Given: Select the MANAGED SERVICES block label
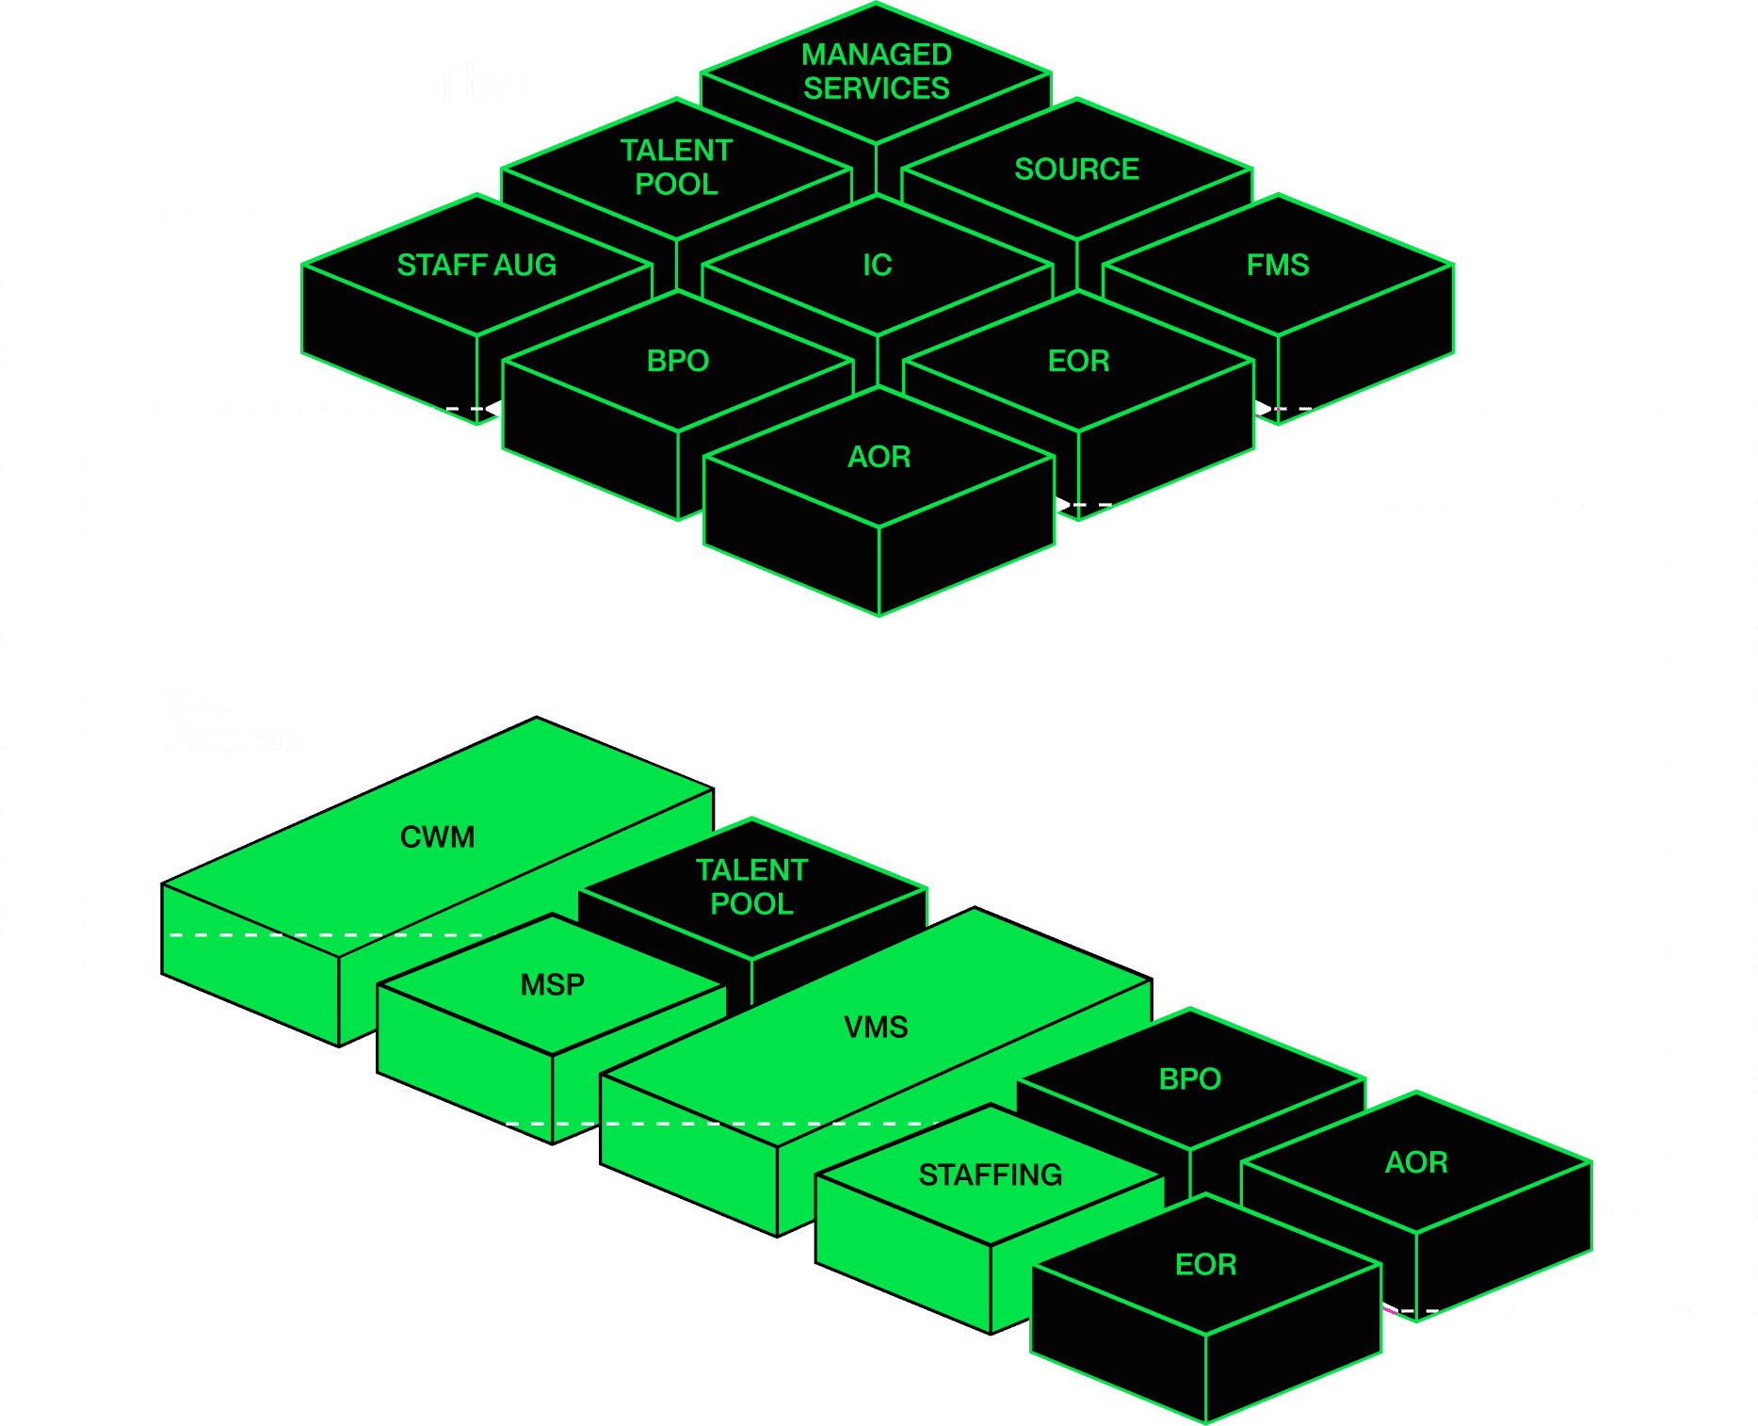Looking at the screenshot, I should (876, 72).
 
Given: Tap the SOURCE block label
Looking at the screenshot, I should (1076, 169).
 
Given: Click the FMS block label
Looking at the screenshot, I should (1277, 265).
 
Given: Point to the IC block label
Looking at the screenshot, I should (877, 265).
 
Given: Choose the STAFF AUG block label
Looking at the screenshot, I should (476, 265).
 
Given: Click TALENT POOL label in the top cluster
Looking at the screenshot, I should (676, 167).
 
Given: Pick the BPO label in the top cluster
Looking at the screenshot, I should (677, 361).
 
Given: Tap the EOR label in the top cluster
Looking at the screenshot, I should (1078, 361).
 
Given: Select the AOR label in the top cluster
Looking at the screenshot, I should (879, 457).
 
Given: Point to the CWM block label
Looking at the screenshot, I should (437, 836).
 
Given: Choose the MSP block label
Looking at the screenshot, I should (552, 984).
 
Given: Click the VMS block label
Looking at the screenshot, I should (875, 1027).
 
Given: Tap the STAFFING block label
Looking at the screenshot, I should (990, 1175).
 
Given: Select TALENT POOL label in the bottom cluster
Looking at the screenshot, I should (751, 886).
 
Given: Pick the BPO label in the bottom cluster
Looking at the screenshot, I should (1189, 1078).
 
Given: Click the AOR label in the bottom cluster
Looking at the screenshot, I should (1415, 1162).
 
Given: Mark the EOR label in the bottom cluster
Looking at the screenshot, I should (1205, 1264).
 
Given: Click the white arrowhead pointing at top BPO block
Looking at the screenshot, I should (492, 409).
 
